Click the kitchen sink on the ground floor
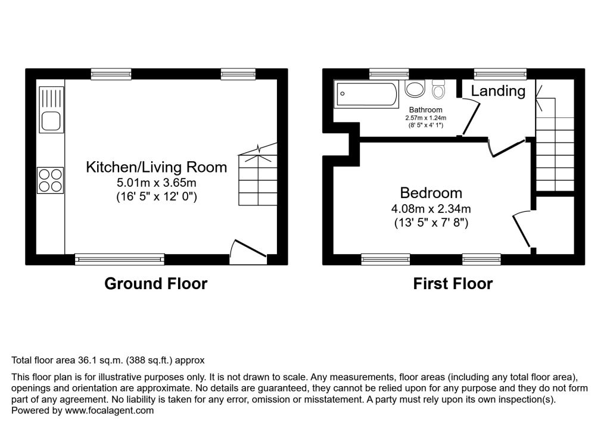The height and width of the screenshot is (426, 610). click(x=51, y=110)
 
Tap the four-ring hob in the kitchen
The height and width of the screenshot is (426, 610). click(x=50, y=180)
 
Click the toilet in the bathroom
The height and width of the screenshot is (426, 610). click(x=439, y=90)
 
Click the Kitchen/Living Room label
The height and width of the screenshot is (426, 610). click(x=157, y=167)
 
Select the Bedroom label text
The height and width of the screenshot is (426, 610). click(x=431, y=193)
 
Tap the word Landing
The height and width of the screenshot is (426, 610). click(x=499, y=91)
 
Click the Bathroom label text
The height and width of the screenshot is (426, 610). click(x=425, y=110)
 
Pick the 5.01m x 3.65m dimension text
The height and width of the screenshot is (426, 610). click(x=157, y=182)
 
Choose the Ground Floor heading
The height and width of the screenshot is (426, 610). click(x=155, y=284)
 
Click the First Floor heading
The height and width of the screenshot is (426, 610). click(x=453, y=284)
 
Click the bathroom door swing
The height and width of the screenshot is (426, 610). click(x=471, y=117)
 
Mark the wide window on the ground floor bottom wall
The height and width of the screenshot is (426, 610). click(x=120, y=258)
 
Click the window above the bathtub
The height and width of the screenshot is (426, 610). click(x=385, y=74)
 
